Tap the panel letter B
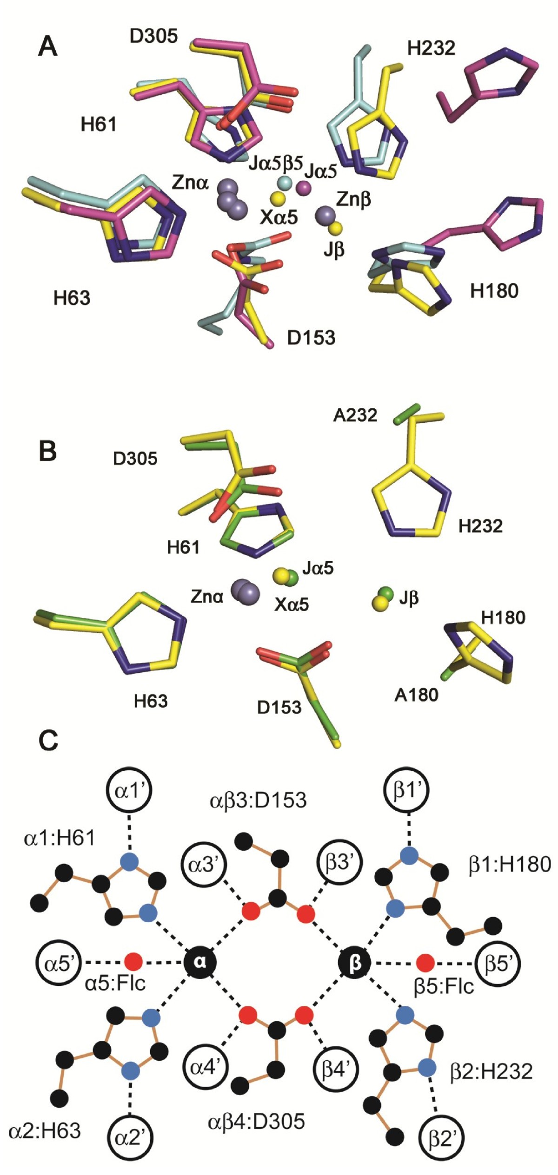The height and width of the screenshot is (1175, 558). pos(47,451)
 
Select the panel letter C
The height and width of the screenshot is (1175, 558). pos(48,741)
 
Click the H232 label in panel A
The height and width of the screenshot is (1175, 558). pos(431,48)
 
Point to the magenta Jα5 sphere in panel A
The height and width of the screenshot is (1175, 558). pos(304,188)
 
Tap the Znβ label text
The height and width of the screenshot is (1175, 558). pos(353,200)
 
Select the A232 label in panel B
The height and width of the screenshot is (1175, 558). pos(355,415)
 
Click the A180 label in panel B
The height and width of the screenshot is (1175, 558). pos(416,695)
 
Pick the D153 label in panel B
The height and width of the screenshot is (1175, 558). pos(279,707)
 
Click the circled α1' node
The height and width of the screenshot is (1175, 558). pos(129,790)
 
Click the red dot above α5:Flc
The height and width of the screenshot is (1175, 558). pos(133,961)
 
